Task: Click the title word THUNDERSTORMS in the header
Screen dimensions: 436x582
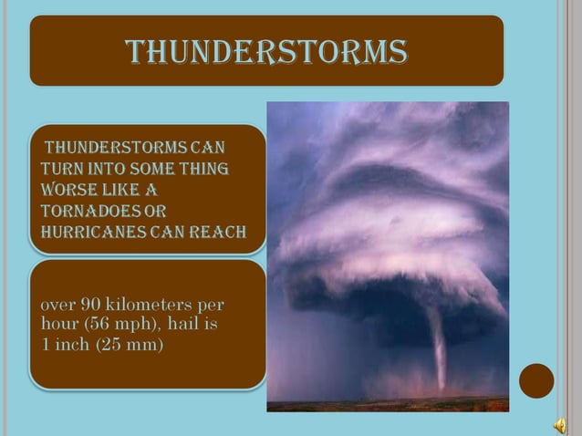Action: pyautogui.click(x=266, y=52)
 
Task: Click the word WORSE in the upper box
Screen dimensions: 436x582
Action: pyautogui.click(x=66, y=190)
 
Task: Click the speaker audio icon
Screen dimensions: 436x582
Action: pyautogui.click(x=558, y=422)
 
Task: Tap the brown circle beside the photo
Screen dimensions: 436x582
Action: pyautogui.click(x=536, y=380)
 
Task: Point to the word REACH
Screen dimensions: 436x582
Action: pyautogui.click(x=222, y=232)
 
